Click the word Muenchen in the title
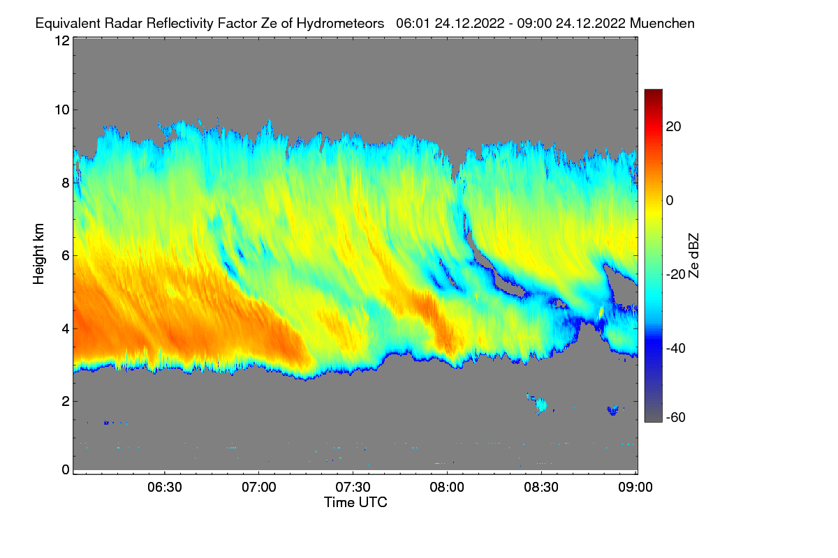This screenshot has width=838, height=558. [662, 23]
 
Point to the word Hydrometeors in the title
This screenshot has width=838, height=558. [340, 23]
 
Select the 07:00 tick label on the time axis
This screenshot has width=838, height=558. [258, 487]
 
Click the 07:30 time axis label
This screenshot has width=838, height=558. [353, 487]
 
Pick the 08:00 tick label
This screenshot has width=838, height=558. [447, 487]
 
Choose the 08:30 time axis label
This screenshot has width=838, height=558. [541, 487]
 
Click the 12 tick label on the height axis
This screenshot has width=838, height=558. [61, 40]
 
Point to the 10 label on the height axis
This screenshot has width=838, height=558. [61, 110]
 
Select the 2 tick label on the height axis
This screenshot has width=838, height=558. [65, 401]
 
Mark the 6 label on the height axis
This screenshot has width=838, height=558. [65, 255]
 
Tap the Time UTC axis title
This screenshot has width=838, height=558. [355, 502]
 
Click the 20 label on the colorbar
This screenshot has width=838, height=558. [674, 126]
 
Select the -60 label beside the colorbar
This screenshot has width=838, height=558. [676, 417]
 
